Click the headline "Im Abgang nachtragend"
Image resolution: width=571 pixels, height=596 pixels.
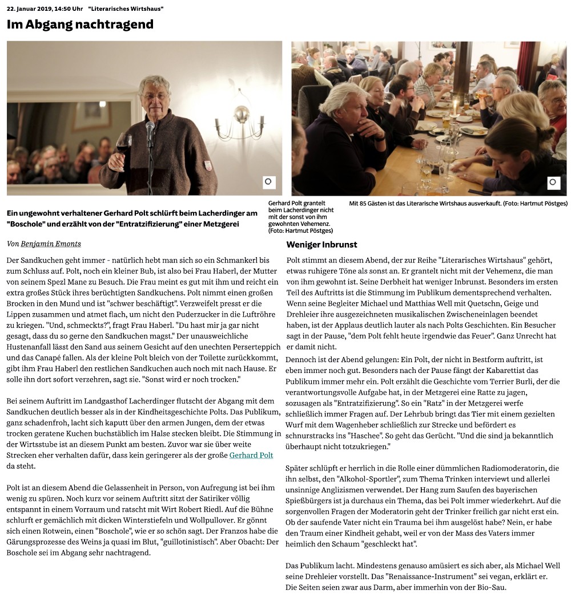(80, 25)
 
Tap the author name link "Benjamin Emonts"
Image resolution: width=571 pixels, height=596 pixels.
(51, 244)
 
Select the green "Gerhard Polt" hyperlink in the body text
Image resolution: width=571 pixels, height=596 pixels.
(251, 455)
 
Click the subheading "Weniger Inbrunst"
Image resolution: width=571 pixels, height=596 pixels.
(321, 245)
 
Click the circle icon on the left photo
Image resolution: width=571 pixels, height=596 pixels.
(269, 183)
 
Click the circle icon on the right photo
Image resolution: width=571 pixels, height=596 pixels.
(553, 183)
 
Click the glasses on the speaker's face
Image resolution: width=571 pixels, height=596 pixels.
(154, 96)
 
